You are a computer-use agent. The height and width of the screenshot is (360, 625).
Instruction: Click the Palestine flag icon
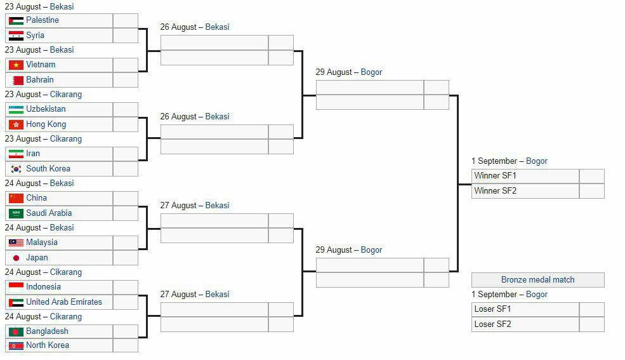pos(16,21)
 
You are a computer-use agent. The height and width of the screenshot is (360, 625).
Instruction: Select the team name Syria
pos(35,35)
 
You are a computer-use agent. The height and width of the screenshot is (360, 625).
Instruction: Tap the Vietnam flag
pos(16,65)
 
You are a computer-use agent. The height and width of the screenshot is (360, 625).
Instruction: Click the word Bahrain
pos(40,80)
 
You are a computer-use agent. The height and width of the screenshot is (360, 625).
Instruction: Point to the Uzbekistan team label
pos(46,109)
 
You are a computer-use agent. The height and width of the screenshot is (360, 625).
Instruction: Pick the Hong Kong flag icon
pos(16,125)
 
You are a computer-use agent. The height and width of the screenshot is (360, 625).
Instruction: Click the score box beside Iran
pos(126,154)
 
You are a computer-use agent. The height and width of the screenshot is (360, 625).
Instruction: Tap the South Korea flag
pos(16,169)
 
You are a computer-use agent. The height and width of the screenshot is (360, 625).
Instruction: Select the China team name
pos(36,197)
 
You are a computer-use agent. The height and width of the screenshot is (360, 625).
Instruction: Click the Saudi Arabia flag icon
pos(16,214)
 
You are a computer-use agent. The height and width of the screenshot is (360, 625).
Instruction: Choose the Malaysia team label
pos(42,243)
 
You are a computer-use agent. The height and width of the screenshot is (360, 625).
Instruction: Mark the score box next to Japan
pos(126,258)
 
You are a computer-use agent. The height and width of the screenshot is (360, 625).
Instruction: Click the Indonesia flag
pos(16,286)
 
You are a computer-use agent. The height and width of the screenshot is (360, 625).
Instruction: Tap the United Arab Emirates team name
pos(64,302)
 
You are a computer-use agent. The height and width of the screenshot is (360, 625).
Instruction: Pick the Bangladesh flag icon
pos(16,331)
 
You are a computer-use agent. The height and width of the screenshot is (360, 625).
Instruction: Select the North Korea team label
pos(48,345)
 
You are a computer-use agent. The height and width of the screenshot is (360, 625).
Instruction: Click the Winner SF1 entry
pos(495,175)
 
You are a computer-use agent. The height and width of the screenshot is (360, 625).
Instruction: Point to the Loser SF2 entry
pos(492,324)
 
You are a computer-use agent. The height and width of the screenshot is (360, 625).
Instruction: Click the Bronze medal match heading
pos(537,279)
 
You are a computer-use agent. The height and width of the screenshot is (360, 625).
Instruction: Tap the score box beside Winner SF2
pos(592,191)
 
